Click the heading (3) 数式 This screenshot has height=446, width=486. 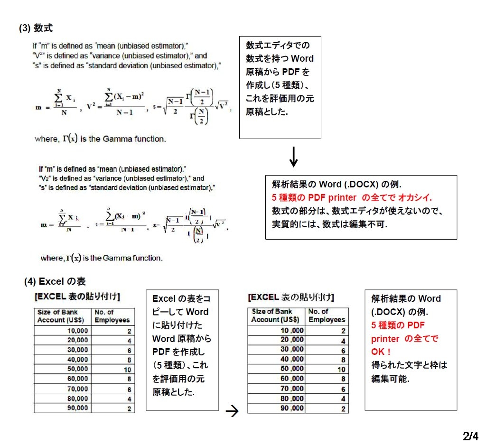coord(36,28)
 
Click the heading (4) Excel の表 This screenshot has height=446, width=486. coord(55,282)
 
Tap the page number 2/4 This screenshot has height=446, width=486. coord(470,436)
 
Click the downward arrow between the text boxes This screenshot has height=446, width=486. coord(294,157)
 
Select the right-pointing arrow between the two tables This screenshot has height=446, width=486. coord(233,411)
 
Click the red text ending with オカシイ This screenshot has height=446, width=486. coord(352,198)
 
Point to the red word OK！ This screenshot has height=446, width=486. coord(381,352)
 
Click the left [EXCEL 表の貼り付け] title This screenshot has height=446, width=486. coord(77,297)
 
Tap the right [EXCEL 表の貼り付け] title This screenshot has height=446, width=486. coord(291,297)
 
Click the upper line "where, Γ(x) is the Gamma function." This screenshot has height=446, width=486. coord(100,139)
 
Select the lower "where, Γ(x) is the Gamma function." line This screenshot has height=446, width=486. coord(102,258)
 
